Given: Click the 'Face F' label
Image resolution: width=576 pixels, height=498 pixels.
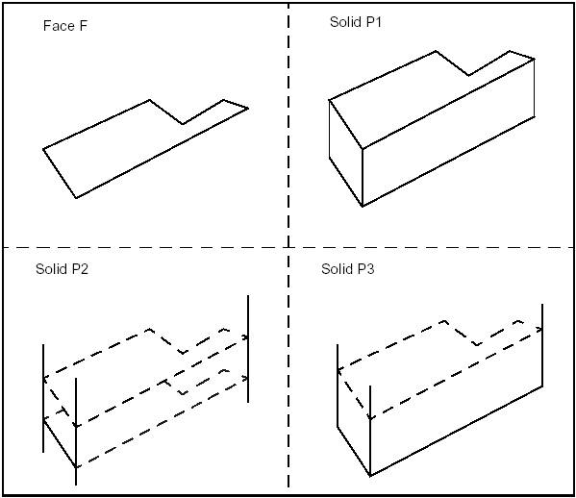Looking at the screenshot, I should pyautogui.click(x=65, y=25).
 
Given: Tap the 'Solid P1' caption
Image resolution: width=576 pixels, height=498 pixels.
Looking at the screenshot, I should pyautogui.click(x=355, y=20).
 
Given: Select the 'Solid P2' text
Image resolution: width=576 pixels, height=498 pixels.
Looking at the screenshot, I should pyautogui.click(x=62, y=269).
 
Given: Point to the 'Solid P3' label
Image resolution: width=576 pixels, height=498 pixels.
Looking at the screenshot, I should pyautogui.click(x=347, y=269).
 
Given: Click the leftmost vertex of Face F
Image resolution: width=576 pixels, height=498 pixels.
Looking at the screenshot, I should pyautogui.click(x=43, y=149).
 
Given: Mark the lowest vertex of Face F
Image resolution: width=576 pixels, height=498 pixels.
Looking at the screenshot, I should pyautogui.click(x=76, y=197).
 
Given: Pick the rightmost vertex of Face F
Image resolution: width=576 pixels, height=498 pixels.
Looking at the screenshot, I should pyautogui.click(x=248, y=108).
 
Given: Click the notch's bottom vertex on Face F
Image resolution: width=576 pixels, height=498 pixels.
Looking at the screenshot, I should pyautogui.click(x=183, y=124).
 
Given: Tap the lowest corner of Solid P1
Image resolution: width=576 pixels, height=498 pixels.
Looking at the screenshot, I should pyautogui.click(x=363, y=207).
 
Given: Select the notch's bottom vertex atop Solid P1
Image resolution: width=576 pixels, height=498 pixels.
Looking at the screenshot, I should pyautogui.click(x=468, y=75).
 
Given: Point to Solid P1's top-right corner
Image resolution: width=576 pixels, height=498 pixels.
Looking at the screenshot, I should pyautogui.click(x=534, y=59).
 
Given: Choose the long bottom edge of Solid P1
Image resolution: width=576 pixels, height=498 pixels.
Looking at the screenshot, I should pyautogui.click(x=448, y=162).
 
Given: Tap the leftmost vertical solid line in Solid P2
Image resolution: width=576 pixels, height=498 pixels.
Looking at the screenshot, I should pyautogui.click(x=43, y=396).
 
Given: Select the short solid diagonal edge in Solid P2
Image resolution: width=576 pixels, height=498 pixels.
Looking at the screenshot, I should pyautogui.click(x=60, y=442).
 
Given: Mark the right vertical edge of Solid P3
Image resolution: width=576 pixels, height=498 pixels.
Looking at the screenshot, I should pyautogui.click(x=542, y=346).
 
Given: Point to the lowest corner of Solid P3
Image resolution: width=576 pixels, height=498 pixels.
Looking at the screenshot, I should pyautogui.click(x=371, y=476).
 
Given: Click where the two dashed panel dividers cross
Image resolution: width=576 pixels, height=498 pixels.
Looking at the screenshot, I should pyautogui.click(x=288, y=247).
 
